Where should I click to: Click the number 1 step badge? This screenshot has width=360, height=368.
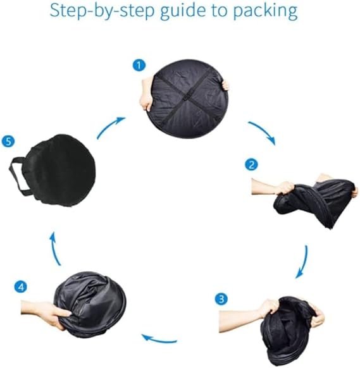(139, 65)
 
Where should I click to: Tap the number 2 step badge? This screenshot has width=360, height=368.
(251, 165)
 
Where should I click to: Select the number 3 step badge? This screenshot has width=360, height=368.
(221, 299)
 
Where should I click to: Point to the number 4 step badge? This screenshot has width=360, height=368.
(21, 287)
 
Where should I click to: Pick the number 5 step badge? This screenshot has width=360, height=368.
(8, 141)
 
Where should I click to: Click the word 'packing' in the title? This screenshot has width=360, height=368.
(265, 11)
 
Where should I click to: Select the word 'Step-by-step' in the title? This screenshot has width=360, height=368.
(102, 11)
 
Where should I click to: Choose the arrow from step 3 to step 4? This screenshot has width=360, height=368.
(159, 340)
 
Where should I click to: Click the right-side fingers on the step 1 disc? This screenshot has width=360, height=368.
(225, 85)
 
